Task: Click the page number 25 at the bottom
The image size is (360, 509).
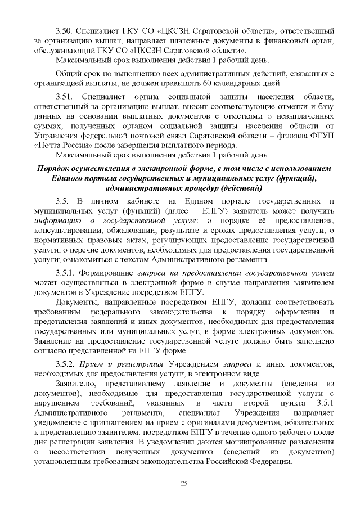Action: (x=183, y=484)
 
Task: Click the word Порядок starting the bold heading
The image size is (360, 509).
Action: (x=55, y=169)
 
